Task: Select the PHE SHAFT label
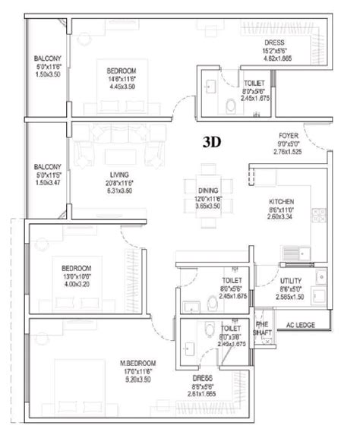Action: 264,325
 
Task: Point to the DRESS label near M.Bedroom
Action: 203,378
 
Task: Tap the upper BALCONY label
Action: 47,58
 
